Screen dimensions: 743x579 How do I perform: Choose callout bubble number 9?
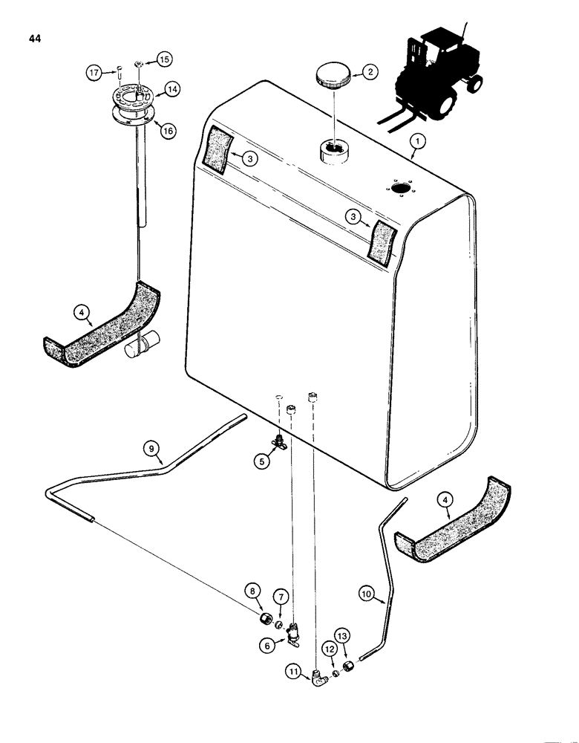point(151,448)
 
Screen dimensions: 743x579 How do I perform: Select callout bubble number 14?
point(171,88)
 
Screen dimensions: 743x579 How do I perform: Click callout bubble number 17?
point(94,73)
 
